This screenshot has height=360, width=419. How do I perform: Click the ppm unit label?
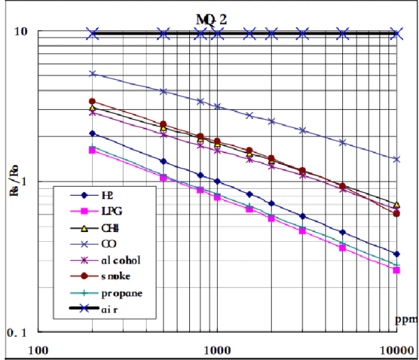point(404,321)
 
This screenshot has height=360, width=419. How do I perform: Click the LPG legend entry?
point(110,212)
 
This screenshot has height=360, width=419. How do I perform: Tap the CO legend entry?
point(109,244)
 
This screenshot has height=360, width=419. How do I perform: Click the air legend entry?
point(109,309)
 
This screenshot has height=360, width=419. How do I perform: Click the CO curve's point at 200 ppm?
point(92,73)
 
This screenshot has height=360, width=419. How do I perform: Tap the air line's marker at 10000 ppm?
point(397,33)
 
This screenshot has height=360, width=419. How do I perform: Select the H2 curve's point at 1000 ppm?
point(217,181)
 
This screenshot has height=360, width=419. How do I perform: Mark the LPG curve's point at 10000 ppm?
point(397,270)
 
